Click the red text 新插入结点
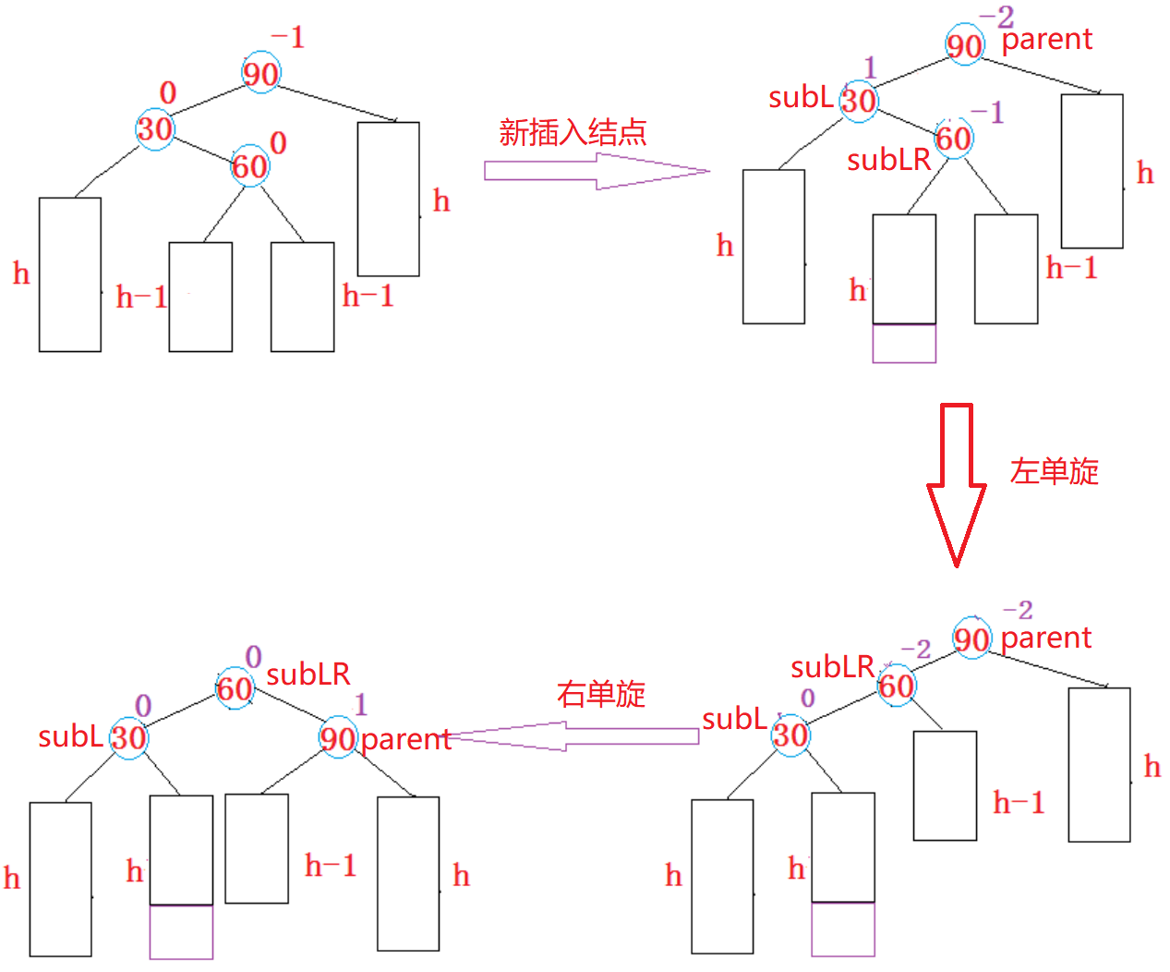coord(573,133)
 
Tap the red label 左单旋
coord(1054,471)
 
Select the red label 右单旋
coord(601,694)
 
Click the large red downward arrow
coord(957,485)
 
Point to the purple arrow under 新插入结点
coord(597,171)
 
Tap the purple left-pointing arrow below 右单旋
coord(573,736)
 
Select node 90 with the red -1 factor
coord(260,73)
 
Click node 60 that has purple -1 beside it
coord(954,138)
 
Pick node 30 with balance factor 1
coord(859,102)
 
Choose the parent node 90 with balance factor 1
coord(338,737)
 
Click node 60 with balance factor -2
coord(897,686)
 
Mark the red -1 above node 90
coord(288,38)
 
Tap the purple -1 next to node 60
coord(987,113)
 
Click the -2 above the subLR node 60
coord(916,650)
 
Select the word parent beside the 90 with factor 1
coord(406,740)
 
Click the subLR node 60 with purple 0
coord(235,688)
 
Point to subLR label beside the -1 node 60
coord(888,161)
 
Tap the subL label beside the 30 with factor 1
coord(801,98)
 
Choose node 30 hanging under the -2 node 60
coord(790,735)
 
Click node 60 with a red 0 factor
coord(250,166)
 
